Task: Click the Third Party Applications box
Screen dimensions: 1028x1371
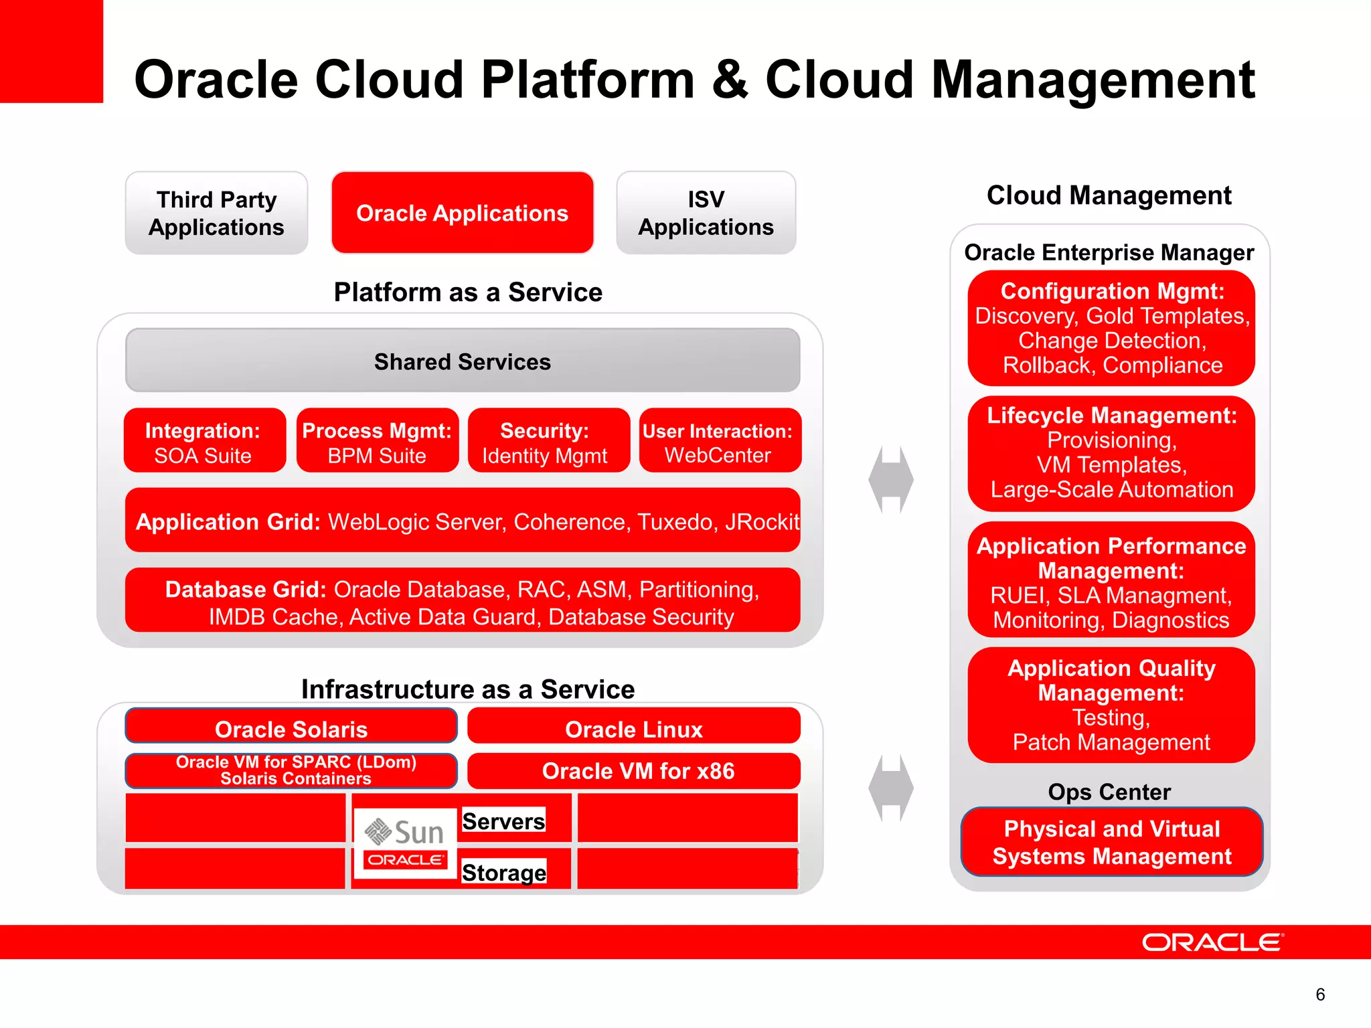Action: (216, 213)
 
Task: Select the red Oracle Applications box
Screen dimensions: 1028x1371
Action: (462, 213)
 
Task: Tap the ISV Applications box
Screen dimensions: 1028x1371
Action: (706, 213)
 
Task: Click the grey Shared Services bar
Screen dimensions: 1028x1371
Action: (462, 361)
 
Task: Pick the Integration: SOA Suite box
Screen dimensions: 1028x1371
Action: (204, 441)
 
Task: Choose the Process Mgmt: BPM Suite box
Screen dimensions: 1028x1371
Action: (377, 441)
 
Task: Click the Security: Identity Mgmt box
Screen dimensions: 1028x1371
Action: (548, 441)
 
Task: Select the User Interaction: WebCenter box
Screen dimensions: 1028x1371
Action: (720, 441)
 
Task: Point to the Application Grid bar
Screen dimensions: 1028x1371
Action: (462, 521)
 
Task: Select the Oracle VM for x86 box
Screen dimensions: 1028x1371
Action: (633, 771)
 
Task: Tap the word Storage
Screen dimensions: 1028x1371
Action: (504, 872)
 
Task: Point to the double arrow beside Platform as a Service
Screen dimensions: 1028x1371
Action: (890, 480)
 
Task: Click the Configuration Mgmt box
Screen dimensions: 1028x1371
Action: (1111, 328)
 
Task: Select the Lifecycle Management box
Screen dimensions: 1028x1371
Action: (1111, 453)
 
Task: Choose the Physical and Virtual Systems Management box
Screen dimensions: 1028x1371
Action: (1111, 842)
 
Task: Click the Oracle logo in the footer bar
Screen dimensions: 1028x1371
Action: (1212, 942)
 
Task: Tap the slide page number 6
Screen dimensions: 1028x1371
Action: (1319, 995)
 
